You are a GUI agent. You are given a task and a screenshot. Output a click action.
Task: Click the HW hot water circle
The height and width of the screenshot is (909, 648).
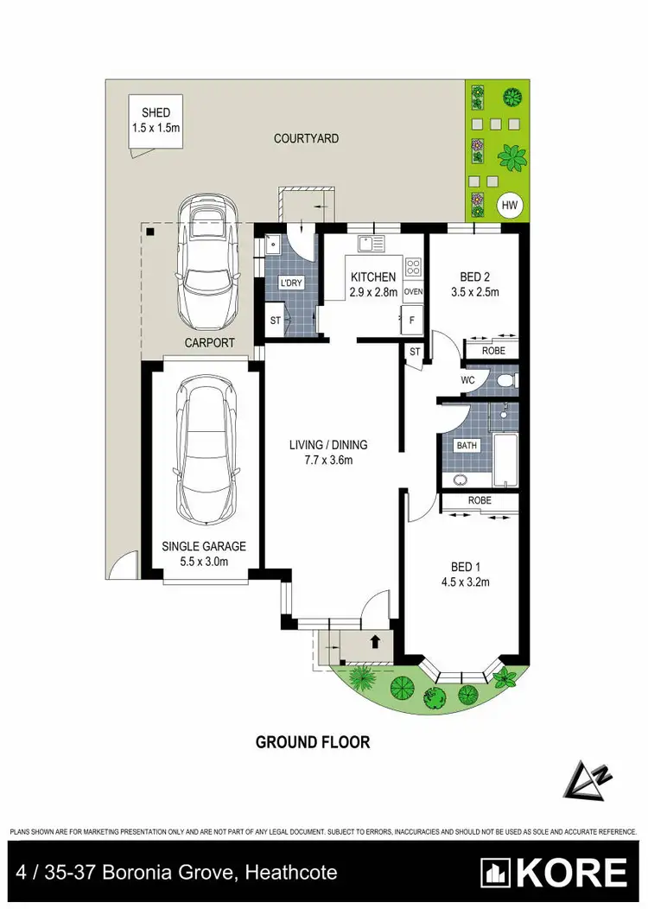click(x=510, y=205)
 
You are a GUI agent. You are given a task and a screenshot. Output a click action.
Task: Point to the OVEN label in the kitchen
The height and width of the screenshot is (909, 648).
click(x=413, y=292)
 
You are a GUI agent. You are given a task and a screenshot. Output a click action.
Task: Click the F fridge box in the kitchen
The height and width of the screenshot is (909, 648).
click(x=413, y=320)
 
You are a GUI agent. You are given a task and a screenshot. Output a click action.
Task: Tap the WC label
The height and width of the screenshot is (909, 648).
click(x=468, y=380)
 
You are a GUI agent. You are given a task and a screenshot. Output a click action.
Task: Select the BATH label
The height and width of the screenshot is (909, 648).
click(x=467, y=446)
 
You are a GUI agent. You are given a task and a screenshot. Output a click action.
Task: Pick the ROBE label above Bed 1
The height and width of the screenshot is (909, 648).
click(x=480, y=500)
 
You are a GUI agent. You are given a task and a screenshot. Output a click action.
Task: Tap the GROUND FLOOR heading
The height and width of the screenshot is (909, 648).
click(x=313, y=741)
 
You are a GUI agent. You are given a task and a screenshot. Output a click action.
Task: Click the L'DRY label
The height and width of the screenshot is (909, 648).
click(x=289, y=283)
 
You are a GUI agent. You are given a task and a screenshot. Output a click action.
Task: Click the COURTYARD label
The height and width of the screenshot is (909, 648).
click(x=306, y=138)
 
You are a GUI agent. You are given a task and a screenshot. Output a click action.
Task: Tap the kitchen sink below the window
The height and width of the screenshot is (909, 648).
click(x=372, y=244)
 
